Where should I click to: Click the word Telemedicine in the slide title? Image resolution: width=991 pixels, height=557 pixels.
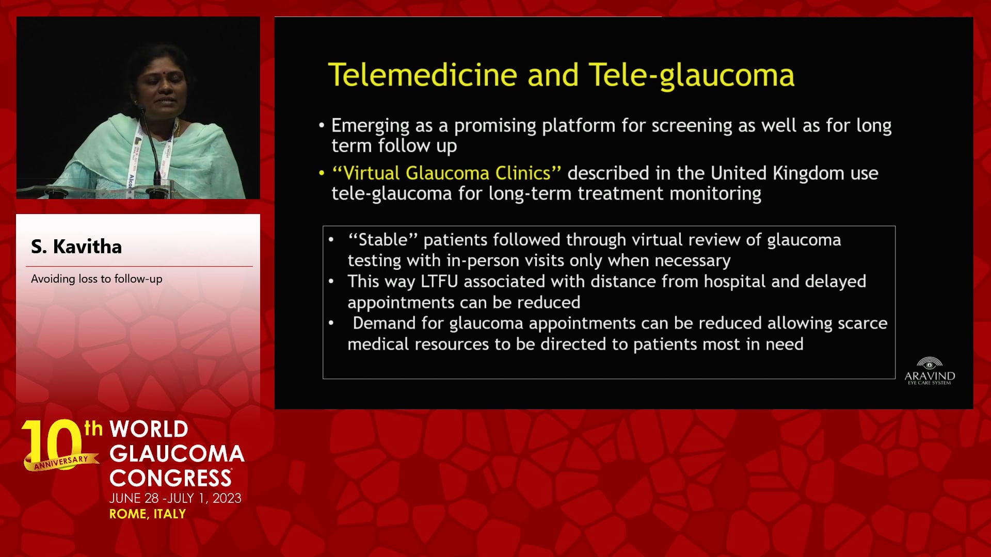coord(423,75)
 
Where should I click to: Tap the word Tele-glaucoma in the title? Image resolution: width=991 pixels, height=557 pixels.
coord(692,76)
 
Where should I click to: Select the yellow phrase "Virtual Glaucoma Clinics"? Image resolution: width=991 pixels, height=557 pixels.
coord(446,173)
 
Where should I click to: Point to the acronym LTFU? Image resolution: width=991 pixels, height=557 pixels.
coord(439,282)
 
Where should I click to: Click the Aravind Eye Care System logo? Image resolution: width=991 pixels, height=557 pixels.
coord(930,371)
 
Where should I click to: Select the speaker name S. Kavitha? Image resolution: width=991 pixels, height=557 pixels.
coord(76,247)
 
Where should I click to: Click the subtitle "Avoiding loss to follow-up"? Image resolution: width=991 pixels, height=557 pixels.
coord(97,279)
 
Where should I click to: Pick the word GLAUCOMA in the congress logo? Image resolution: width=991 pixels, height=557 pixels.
coord(177,454)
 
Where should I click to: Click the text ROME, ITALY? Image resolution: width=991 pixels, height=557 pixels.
coord(148,514)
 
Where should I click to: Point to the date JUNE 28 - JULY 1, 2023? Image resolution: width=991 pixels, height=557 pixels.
coord(175,498)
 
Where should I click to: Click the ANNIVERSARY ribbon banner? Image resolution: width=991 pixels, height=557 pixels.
coord(61,462)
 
